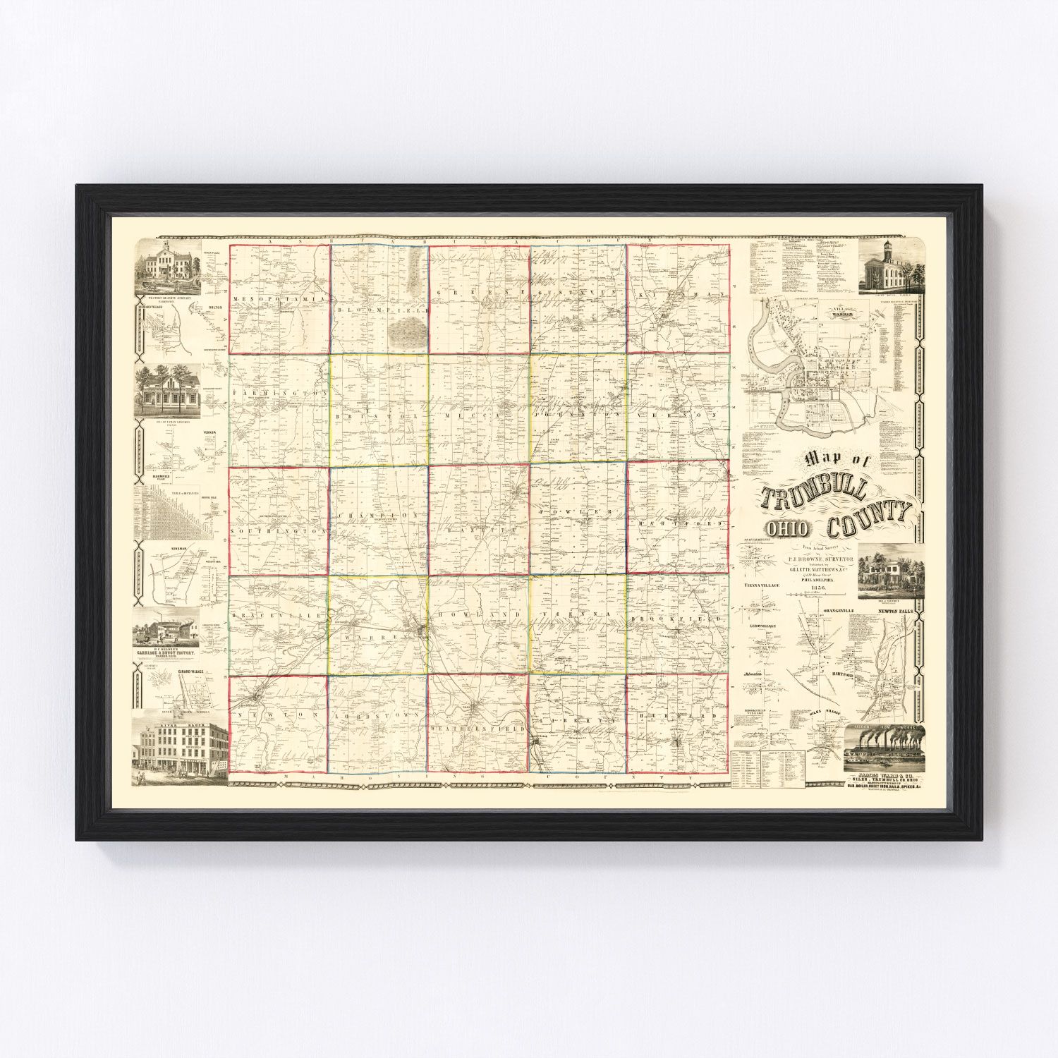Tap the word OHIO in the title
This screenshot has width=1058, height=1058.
tap(793, 530)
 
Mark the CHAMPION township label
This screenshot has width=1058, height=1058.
tap(381, 516)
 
